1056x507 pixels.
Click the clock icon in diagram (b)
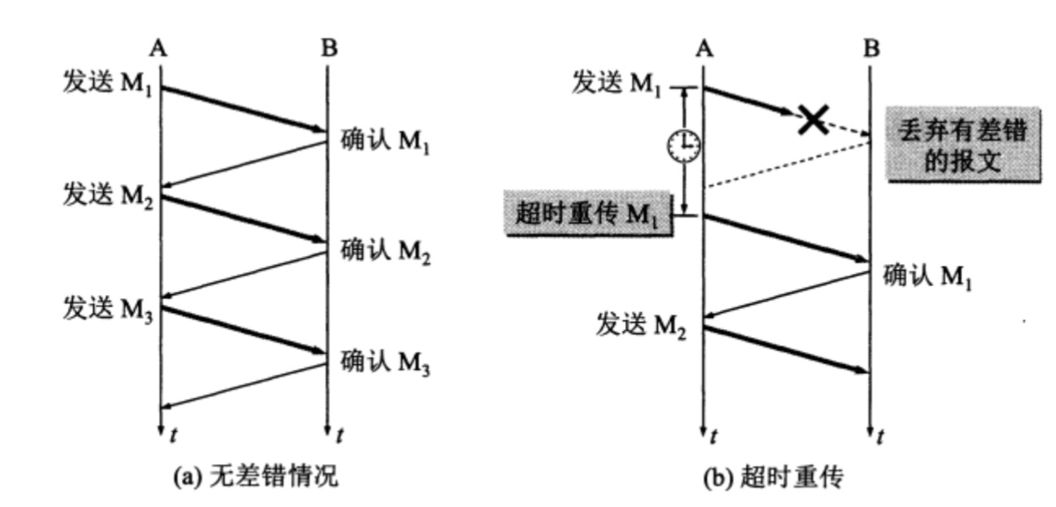(683, 145)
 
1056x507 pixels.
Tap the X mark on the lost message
(812, 120)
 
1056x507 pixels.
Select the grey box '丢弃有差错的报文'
(962, 145)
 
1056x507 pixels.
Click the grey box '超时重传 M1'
(587, 213)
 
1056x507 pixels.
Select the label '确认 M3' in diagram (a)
(385, 362)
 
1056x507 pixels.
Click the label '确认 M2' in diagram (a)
(385, 252)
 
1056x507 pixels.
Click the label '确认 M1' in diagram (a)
(385, 142)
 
